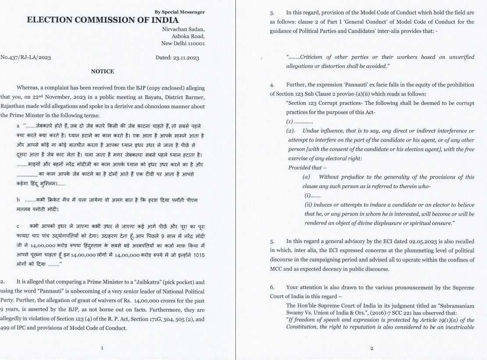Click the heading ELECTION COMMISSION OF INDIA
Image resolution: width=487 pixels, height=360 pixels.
pyautogui.click(x=103, y=20)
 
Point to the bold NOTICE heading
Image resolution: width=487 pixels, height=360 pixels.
pyautogui.click(x=102, y=71)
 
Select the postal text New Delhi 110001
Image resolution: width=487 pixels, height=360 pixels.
pyautogui.click(x=183, y=44)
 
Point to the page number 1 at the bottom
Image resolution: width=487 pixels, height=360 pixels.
pyautogui.click(x=102, y=348)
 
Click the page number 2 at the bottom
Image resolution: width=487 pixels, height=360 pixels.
pyautogui.click(x=371, y=349)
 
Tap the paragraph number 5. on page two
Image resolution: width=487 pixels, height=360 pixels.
pyautogui.click(x=272, y=241)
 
